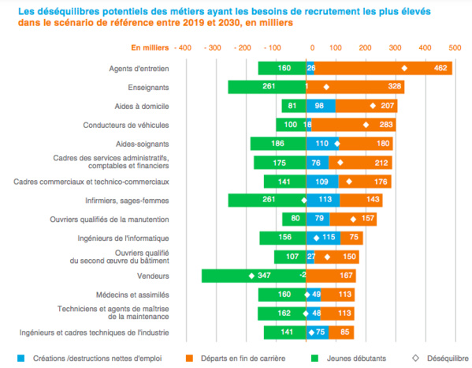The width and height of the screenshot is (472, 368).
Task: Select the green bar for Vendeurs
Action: [253, 276]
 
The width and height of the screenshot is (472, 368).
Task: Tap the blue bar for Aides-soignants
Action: [321, 144]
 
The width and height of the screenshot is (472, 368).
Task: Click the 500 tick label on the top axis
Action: [455, 48]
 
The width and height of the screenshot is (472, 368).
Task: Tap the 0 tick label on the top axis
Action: [313, 48]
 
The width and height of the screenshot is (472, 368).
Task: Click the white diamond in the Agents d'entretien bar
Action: [404, 69]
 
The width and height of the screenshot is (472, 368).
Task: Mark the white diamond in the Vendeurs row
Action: [251, 276]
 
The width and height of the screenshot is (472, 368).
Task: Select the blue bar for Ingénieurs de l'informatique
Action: [322, 238]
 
